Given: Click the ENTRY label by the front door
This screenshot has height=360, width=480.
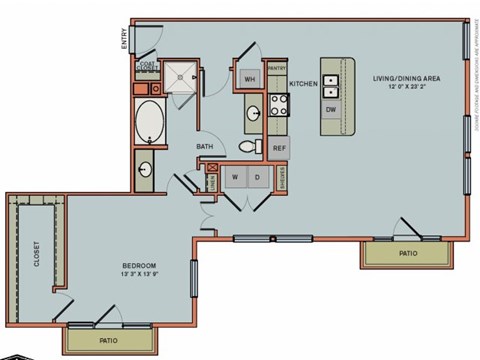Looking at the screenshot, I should pyautogui.click(x=125, y=39).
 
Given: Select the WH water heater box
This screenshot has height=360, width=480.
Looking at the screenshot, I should pyautogui.click(x=249, y=78).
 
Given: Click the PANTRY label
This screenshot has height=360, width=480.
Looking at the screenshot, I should pyautogui.click(x=277, y=69).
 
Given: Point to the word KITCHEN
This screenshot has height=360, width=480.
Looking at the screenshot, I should pyautogui.click(x=303, y=84).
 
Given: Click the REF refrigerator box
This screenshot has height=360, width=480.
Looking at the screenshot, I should pyautogui.click(x=279, y=147).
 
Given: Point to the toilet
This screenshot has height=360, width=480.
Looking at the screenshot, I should pyautogui.click(x=248, y=147).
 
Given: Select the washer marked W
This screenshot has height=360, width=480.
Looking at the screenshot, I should pyautogui.click(x=235, y=177).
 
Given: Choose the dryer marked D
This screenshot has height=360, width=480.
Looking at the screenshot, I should pyautogui.click(x=256, y=177).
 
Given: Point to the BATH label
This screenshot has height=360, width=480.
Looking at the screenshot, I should pyautogui.click(x=204, y=147).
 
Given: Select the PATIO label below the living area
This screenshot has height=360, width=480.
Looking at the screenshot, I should pyautogui.click(x=408, y=254).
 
